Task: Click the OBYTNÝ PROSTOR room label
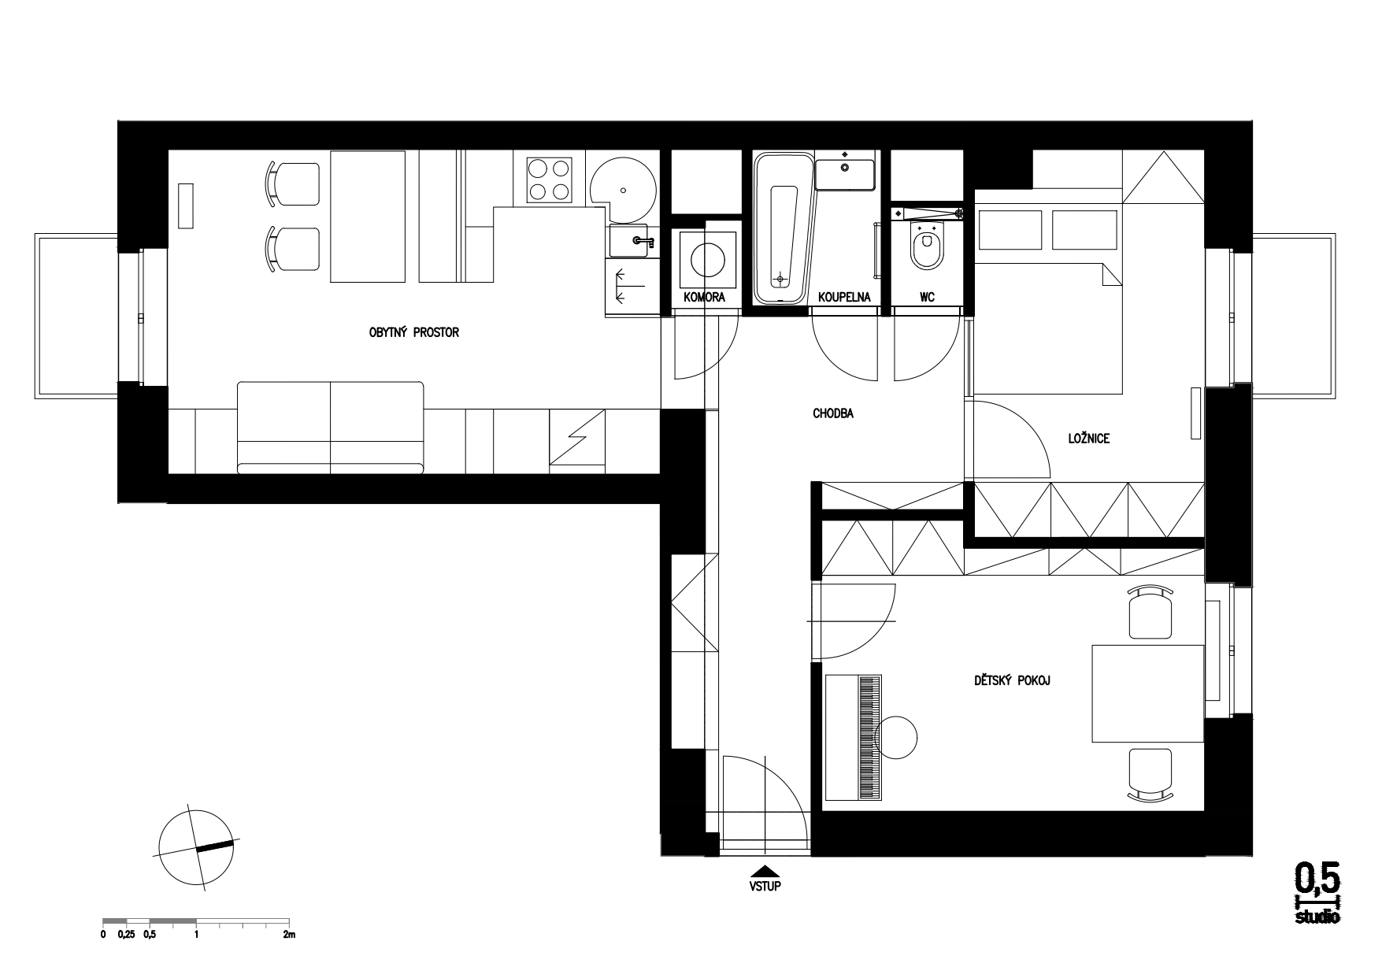click(x=413, y=333)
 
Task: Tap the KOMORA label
click(x=704, y=298)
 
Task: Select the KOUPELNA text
click(x=843, y=298)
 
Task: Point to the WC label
click(x=927, y=298)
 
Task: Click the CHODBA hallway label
click(x=834, y=413)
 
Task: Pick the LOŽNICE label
click(x=1089, y=439)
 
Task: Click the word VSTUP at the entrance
click(x=765, y=885)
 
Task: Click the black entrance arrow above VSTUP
click(x=765, y=871)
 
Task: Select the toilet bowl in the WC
click(x=925, y=244)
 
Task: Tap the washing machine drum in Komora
click(x=707, y=258)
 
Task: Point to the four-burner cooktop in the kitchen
click(x=549, y=179)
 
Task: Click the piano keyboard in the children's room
click(x=869, y=737)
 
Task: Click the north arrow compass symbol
click(x=196, y=849)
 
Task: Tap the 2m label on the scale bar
click(x=288, y=935)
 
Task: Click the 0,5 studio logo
click(x=1317, y=892)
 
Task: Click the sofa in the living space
click(x=331, y=428)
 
